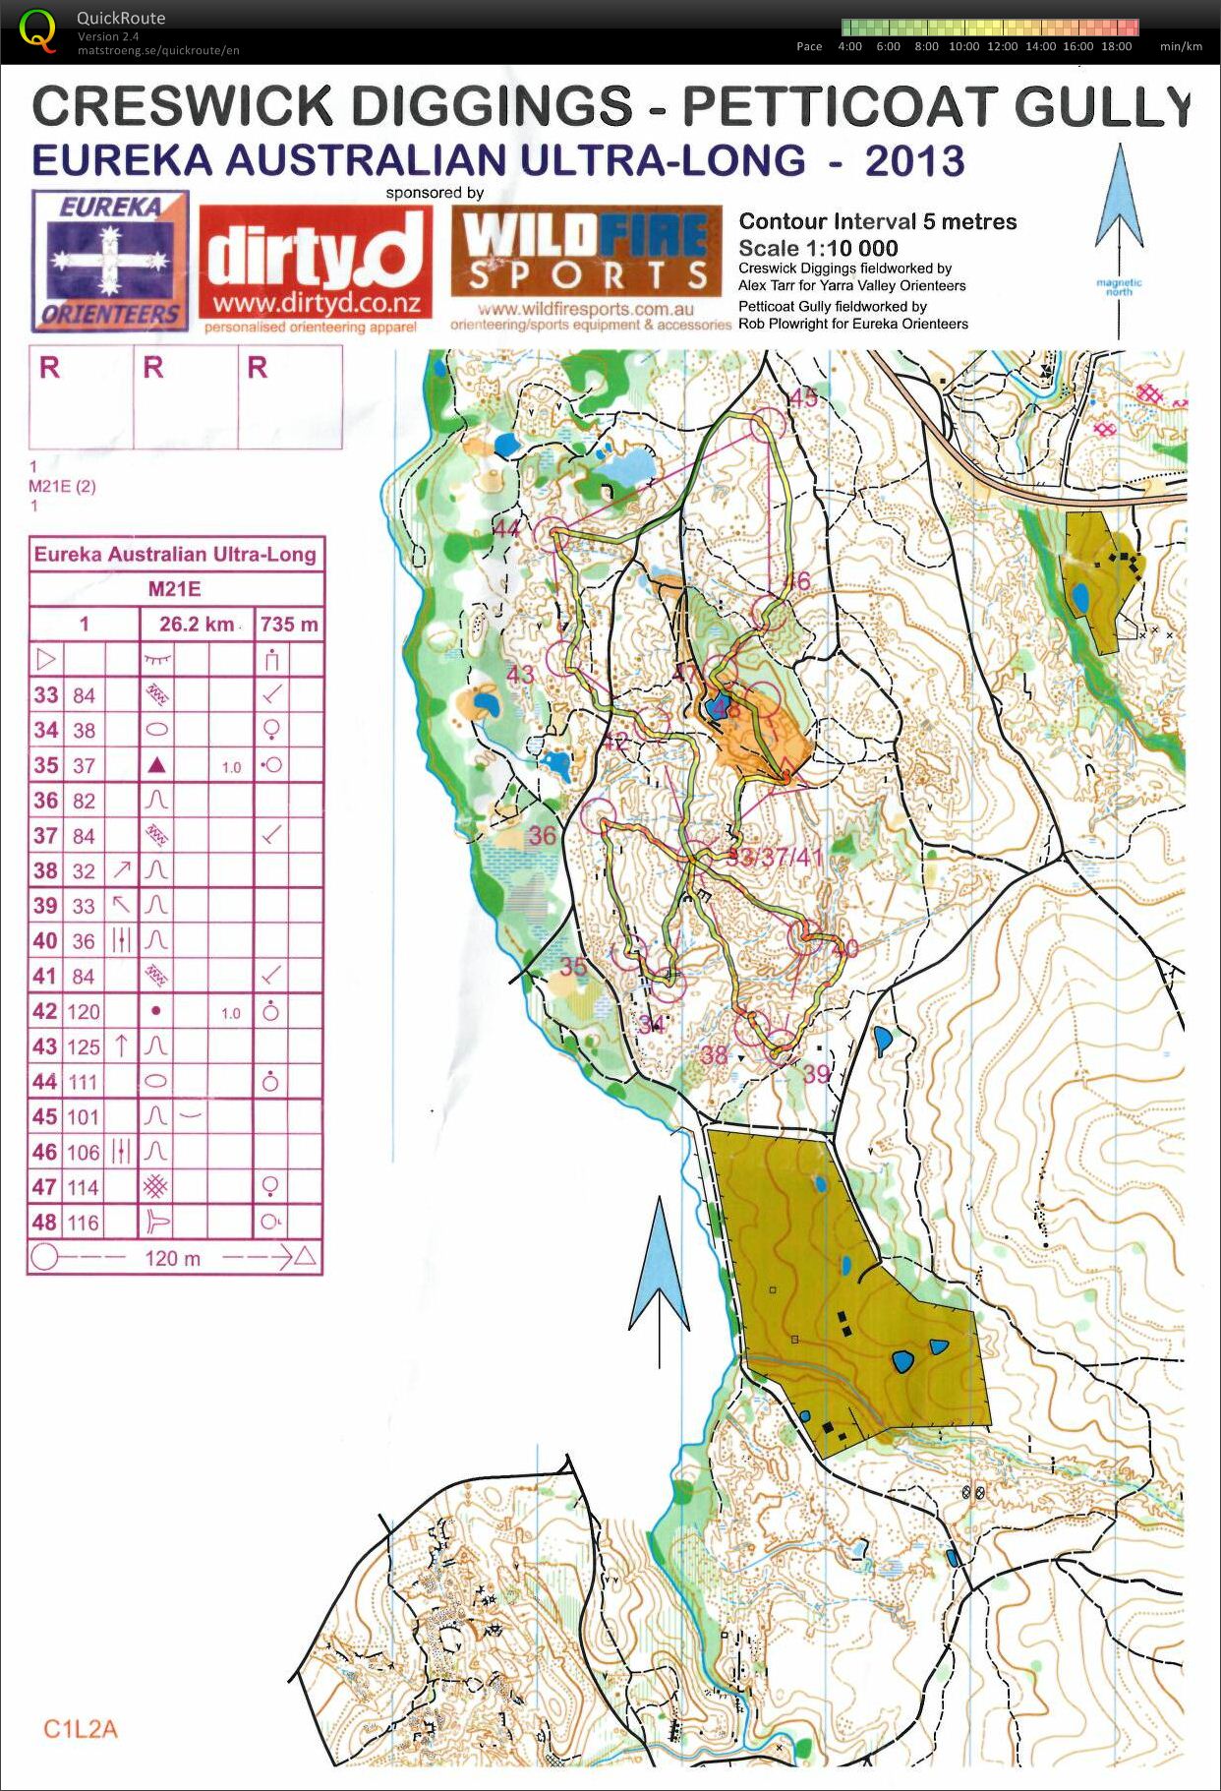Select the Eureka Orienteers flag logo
point(109,261)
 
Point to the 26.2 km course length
point(197,624)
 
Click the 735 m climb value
point(289,624)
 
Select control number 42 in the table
point(45,1011)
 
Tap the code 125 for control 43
point(84,1046)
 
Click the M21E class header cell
point(175,589)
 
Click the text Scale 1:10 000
point(818,248)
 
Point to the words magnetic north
point(1119,287)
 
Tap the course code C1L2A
point(81,1729)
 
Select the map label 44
point(506,529)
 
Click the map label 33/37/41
point(775,857)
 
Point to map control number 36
point(543,836)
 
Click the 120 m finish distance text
point(172,1257)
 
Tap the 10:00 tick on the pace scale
point(963,46)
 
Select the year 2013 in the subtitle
point(914,160)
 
